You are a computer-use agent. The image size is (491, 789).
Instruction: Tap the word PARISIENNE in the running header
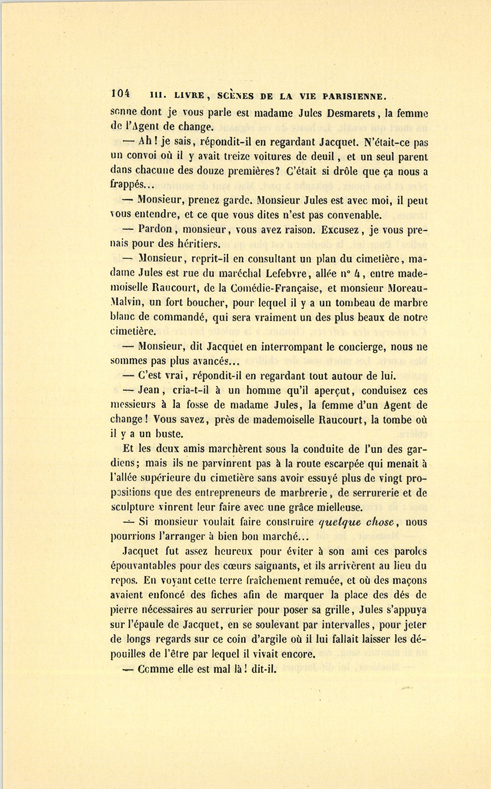pyautogui.click(x=355, y=97)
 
